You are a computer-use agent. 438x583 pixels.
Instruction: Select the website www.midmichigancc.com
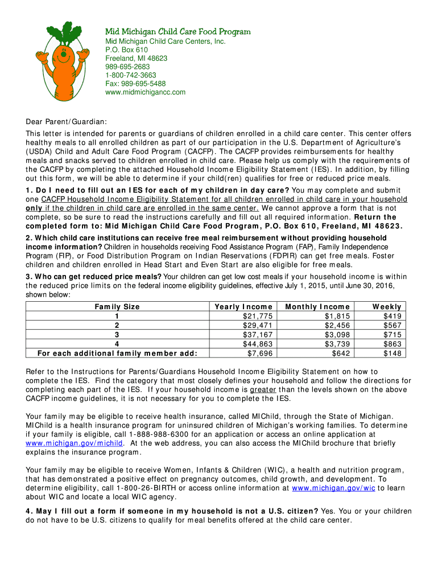tap(144, 92)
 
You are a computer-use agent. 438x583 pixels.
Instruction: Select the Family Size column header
tap(117, 306)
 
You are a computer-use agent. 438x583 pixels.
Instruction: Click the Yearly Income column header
tap(245, 306)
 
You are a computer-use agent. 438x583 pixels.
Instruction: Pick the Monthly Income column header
tap(317, 306)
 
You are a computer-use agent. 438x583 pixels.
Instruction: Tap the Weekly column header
tap(387, 306)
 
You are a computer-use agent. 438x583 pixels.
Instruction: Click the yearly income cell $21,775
tap(258, 316)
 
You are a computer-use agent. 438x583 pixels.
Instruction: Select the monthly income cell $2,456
tap(336, 325)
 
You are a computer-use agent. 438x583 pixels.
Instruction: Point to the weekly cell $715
tap(392, 335)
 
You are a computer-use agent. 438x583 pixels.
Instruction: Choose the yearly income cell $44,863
tap(258, 344)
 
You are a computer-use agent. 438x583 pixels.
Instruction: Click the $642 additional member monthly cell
tap(341, 353)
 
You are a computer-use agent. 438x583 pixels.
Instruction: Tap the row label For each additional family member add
tap(117, 353)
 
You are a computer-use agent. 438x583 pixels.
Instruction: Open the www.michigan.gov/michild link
tap(75, 442)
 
